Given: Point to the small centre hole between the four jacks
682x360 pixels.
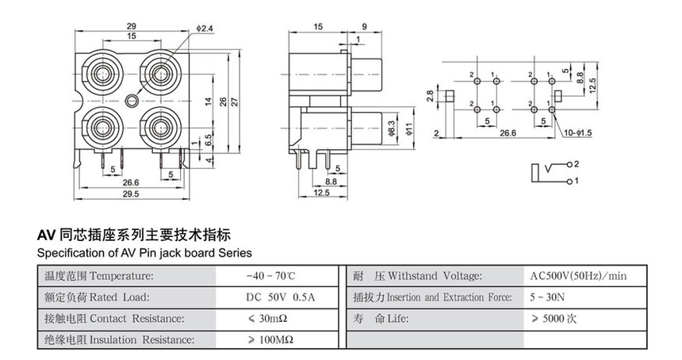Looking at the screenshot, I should click(132, 101).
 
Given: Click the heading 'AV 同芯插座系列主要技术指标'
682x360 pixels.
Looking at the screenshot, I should click(135, 236).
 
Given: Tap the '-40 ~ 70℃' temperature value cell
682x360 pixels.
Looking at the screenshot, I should click(270, 276).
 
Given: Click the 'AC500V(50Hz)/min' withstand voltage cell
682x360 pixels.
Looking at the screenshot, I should click(578, 276).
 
